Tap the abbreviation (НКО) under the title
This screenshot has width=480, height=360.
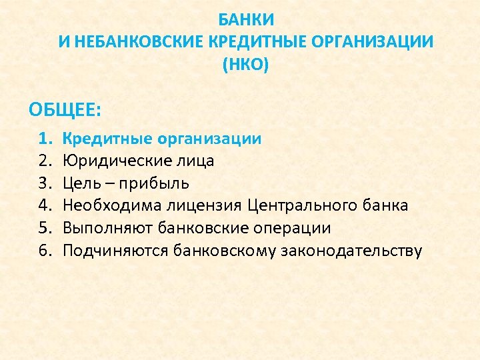pos(246,65)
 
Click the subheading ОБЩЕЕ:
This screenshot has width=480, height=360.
pos(65,108)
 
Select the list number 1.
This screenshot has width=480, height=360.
pos(44,139)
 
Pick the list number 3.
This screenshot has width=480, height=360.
pos(44,183)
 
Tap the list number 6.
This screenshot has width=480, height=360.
pos(44,251)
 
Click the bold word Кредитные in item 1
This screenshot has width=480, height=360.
pos(107,139)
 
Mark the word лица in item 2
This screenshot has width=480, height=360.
pos(199,161)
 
